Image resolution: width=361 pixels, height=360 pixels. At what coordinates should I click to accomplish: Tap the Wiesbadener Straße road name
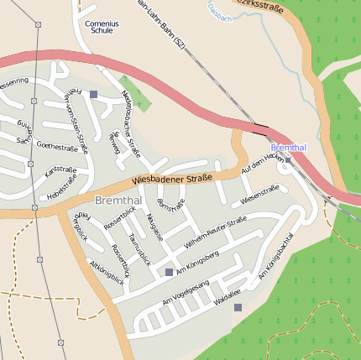pos(172,179)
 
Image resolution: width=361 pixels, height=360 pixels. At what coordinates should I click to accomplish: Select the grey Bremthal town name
pos(118,201)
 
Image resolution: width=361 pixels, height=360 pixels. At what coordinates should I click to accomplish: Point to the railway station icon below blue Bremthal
pos(288,158)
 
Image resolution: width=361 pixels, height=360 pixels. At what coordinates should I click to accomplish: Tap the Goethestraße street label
pos(63,147)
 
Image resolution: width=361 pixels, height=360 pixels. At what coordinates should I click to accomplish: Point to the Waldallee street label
pos(228,296)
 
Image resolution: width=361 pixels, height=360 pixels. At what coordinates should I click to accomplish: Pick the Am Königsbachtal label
pos(276,255)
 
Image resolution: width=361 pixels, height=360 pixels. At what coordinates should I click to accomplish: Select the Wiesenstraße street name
pos(260,196)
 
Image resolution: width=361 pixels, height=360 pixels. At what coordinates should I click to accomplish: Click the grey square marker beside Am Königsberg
pos(169,273)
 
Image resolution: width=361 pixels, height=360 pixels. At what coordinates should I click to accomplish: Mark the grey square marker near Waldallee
pos(238,308)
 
